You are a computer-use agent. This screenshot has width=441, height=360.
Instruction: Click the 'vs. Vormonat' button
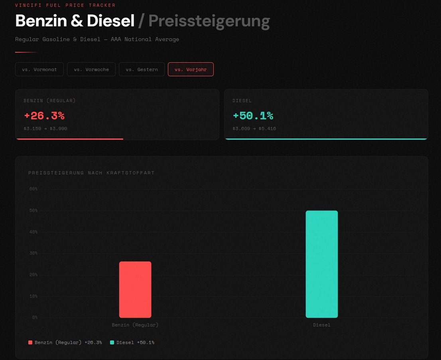pyautogui.click(x=39, y=69)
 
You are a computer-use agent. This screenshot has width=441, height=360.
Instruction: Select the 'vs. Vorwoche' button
pyautogui.click(x=91, y=69)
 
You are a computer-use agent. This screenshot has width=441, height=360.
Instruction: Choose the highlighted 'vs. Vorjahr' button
pyautogui.click(x=191, y=69)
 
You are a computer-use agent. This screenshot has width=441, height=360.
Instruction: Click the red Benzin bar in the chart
pyautogui.click(x=135, y=289)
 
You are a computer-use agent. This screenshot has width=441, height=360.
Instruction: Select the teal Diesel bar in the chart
pyautogui.click(x=322, y=264)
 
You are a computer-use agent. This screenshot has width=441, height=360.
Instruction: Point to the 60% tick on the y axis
pyautogui.click(x=33, y=189)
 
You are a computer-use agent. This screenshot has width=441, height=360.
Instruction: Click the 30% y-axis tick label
pyautogui.click(x=33, y=253)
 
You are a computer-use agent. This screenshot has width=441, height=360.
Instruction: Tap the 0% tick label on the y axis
pyautogui.click(x=34, y=317)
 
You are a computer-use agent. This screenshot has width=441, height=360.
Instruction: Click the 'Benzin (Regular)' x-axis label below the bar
pyautogui.click(x=135, y=325)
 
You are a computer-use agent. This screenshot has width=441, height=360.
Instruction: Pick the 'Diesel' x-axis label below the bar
pyautogui.click(x=322, y=325)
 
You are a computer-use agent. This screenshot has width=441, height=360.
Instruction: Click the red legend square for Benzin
pyautogui.click(x=30, y=342)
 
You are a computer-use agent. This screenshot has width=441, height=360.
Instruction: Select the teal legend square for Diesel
pyautogui.click(x=112, y=342)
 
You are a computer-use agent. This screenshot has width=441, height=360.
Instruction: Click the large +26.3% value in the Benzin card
pyautogui.click(x=44, y=116)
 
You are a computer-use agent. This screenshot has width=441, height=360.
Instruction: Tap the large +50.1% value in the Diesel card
pyautogui.click(x=253, y=116)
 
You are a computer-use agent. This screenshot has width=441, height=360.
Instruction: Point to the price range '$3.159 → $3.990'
pyautogui.click(x=45, y=129)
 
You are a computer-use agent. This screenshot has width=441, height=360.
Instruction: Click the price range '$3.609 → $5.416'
pyautogui.click(x=254, y=129)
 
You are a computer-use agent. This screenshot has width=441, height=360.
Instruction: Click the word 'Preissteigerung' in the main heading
pyautogui.click(x=209, y=21)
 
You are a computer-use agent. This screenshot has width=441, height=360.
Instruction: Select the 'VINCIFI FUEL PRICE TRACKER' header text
pyautogui.click(x=65, y=5)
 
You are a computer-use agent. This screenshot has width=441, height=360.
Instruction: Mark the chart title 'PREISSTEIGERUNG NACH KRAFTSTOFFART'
pyautogui.click(x=91, y=173)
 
